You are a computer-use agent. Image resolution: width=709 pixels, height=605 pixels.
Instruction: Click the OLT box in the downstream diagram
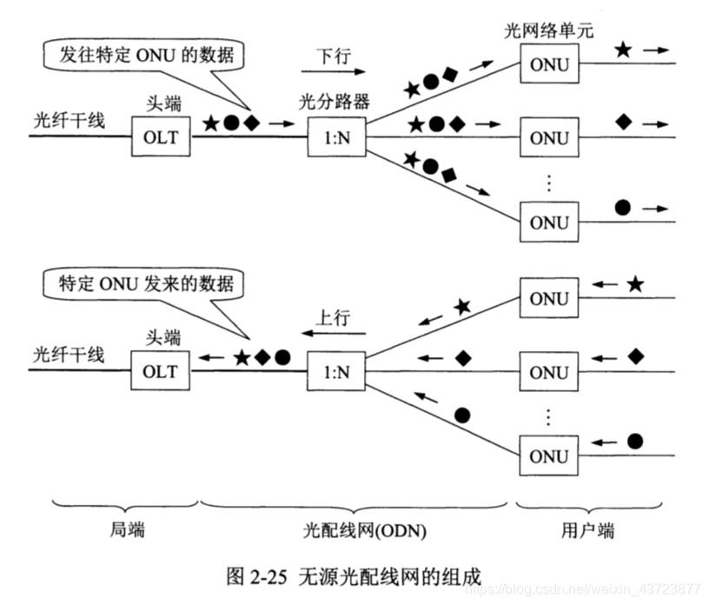click(161, 137)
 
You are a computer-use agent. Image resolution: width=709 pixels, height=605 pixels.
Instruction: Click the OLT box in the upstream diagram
click(161, 371)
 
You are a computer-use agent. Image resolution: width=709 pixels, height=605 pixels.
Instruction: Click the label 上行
click(333, 318)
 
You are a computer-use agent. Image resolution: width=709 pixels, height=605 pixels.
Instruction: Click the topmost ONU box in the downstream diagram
click(549, 63)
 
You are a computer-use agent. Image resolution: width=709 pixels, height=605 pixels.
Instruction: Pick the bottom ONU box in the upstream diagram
click(549, 455)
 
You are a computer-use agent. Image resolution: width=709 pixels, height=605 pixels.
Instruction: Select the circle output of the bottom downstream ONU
click(622, 207)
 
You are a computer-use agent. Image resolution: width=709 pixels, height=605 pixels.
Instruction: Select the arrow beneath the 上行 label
click(333, 335)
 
